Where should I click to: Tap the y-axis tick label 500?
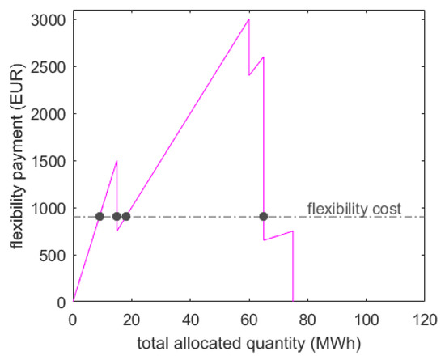(55, 255)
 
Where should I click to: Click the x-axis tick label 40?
(190, 318)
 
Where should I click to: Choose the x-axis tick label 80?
(307, 318)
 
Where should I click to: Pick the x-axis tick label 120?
(424, 318)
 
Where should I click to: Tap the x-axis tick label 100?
(366, 318)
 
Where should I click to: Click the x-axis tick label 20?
(132, 318)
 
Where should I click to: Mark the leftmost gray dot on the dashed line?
(100, 216)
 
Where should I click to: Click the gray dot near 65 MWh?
(264, 216)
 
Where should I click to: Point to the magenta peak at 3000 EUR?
(248, 19)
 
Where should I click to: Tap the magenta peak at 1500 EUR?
(117, 161)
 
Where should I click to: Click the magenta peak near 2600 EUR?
(263, 57)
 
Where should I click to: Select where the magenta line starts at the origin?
(74, 301)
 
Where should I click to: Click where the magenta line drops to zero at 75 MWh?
(293, 301)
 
